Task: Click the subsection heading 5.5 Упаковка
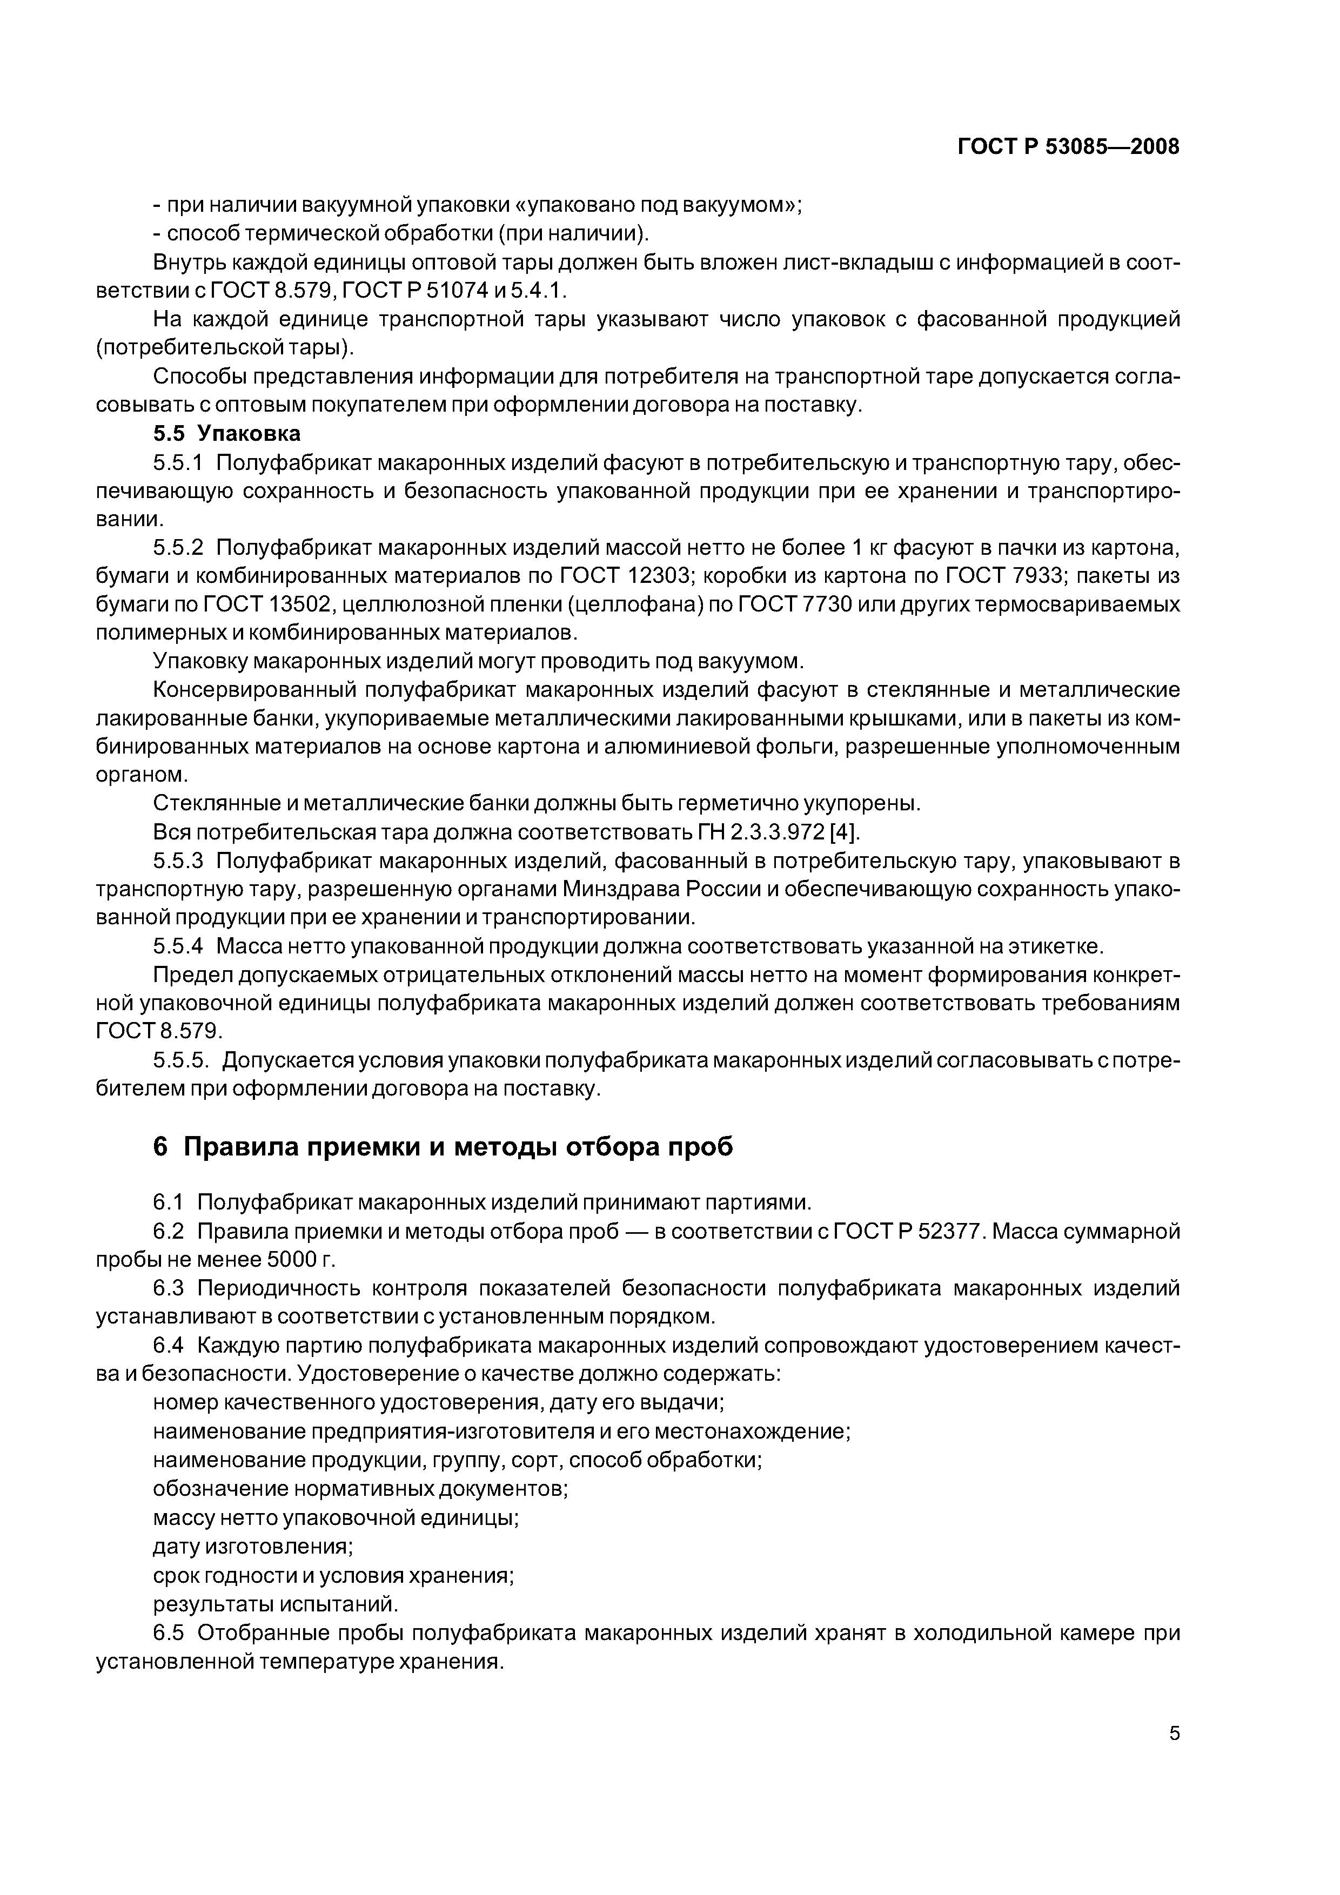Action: pos(227,433)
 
